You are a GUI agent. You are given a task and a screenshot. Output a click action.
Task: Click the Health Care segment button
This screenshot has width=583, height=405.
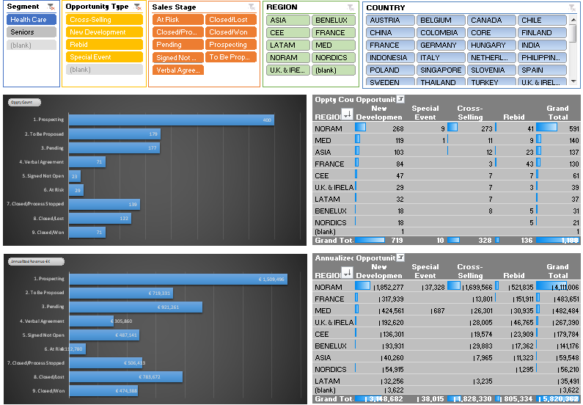pyautogui.click(x=32, y=20)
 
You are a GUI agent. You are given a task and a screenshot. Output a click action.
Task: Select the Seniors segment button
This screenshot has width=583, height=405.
pyautogui.click(x=32, y=32)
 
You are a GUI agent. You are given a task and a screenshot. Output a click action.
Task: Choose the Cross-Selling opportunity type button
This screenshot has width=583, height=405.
pyautogui.click(x=103, y=20)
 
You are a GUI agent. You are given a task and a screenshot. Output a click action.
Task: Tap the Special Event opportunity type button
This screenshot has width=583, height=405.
pyautogui.click(x=103, y=57)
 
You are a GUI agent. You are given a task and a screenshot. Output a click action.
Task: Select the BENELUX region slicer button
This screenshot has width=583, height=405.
pyautogui.click(x=334, y=20)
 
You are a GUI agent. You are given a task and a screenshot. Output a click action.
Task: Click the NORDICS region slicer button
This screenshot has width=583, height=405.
pyautogui.click(x=334, y=57)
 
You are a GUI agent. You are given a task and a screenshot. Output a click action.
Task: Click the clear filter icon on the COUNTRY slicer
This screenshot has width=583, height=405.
pyautogui.click(x=571, y=7)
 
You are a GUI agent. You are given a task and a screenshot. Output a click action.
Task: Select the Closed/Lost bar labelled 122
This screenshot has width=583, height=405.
pyautogui.click(x=102, y=218)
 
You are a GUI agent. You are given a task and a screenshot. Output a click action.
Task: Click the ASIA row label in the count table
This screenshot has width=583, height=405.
pyautogui.click(x=323, y=152)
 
